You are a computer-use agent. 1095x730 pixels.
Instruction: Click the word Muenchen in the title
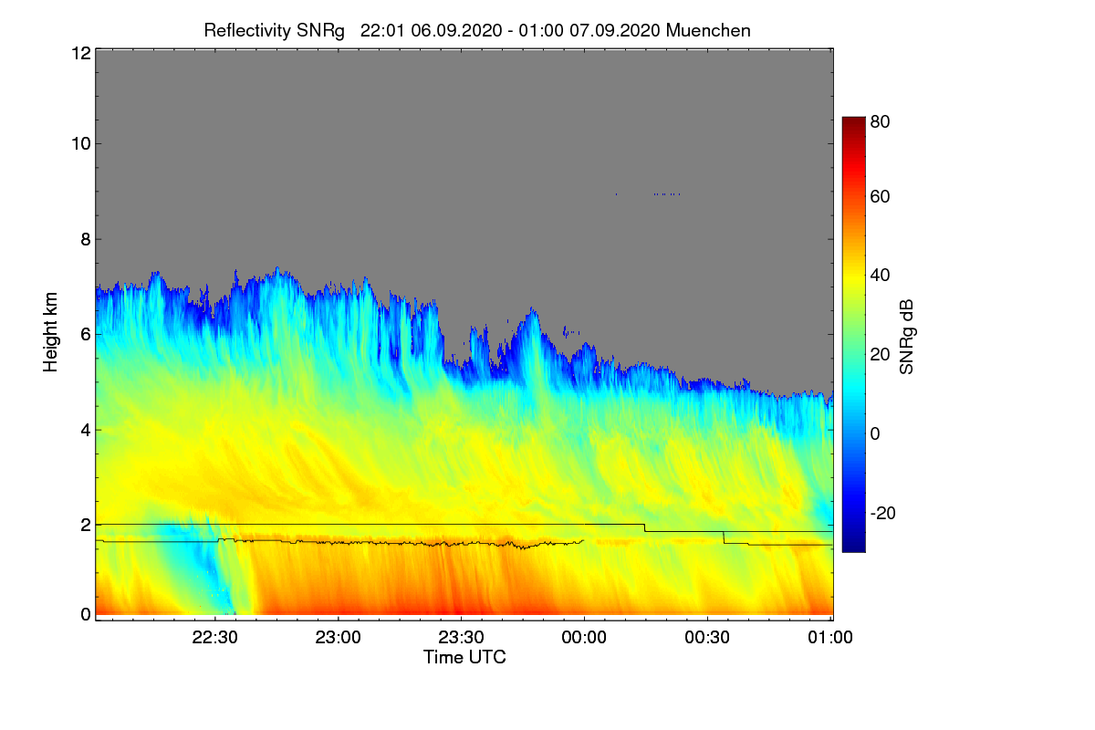[x=708, y=30]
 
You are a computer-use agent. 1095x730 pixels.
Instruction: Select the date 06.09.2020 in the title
[x=452, y=30]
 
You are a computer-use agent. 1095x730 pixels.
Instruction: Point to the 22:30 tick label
[x=216, y=638]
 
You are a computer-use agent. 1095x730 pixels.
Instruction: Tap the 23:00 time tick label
[x=339, y=638]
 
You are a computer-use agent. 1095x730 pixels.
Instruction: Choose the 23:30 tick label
[x=462, y=638]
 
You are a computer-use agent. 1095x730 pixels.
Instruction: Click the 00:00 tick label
[x=584, y=638]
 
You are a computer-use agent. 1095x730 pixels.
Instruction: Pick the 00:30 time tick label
[x=707, y=638]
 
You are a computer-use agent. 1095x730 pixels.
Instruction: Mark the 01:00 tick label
[x=829, y=638]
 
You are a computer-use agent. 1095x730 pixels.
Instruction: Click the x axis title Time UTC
[x=464, y=657]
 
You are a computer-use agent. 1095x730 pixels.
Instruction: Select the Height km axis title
[x=51, y=332]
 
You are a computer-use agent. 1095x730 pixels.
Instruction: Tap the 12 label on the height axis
[x=79, y=53]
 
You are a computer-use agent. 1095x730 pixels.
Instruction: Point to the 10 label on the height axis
[x=79, y=143]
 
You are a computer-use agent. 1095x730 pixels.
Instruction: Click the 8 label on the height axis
[x=85, y=239]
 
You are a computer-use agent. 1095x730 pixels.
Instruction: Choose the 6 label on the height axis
[x=85, y=334]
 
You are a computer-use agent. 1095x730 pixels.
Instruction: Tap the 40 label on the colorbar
[x=880, y=276]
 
